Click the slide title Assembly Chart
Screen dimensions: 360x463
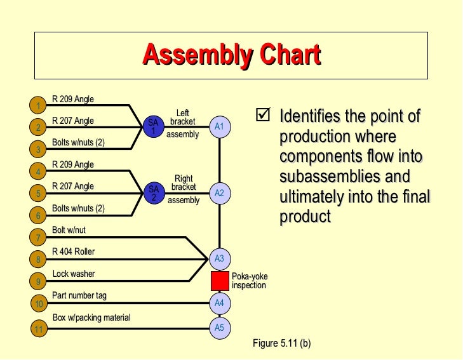point(231,55)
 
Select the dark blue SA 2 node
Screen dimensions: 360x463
point(152,192)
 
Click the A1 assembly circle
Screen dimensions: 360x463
point(219,127)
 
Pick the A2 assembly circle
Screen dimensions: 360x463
point(219,192)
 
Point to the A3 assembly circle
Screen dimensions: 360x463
point(219,258)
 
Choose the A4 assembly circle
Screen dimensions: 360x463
point(219,303)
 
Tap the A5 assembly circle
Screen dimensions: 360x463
point(219,328)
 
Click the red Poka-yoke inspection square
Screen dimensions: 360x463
point(220,281)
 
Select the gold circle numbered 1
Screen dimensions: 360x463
point(39,105)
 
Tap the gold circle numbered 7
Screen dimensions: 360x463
point(39,237)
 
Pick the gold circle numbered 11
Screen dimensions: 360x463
point(39,329)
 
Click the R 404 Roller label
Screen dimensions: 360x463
point(73,251)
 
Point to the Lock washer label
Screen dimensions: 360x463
point(74,274)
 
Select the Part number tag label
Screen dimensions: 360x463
point(79,295)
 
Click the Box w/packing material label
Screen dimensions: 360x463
point(91,317)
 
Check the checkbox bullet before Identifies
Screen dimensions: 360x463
point(262,116)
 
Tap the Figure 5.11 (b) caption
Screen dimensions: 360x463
point(281,343)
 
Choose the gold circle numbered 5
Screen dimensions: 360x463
point(39,194)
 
